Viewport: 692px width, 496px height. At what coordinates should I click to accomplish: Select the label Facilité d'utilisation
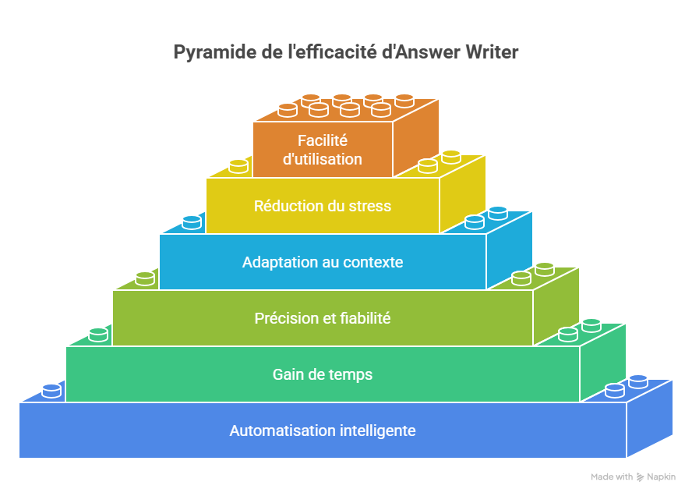coord(322,150)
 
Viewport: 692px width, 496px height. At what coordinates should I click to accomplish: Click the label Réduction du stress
coord(322,207)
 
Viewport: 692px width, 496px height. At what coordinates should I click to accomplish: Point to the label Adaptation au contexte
coord(322,262)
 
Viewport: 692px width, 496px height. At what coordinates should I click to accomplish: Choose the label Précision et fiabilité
coord(322,318)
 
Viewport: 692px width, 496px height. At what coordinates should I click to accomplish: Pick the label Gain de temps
coord(322,374)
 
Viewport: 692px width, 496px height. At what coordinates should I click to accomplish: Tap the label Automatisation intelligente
coord(322,430)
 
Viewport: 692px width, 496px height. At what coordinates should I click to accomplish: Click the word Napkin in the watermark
coord(661,477)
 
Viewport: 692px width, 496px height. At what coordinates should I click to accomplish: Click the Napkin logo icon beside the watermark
coord(640,477)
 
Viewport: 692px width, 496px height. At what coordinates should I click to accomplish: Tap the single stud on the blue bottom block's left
coord(51,390)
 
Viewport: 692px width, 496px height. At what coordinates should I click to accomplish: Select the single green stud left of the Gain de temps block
coord(98,334)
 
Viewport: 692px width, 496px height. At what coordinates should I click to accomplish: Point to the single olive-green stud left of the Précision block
coord(145,278)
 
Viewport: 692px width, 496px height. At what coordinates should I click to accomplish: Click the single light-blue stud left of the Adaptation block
coord(192,221)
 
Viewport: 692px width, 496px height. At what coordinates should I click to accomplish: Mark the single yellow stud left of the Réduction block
coord(238,165)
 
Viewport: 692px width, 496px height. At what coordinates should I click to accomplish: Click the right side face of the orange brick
coord(415,136)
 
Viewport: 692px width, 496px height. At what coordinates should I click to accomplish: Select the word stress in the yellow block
coord(371,207)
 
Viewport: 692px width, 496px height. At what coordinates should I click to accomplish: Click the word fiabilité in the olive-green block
coord(363,318)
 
